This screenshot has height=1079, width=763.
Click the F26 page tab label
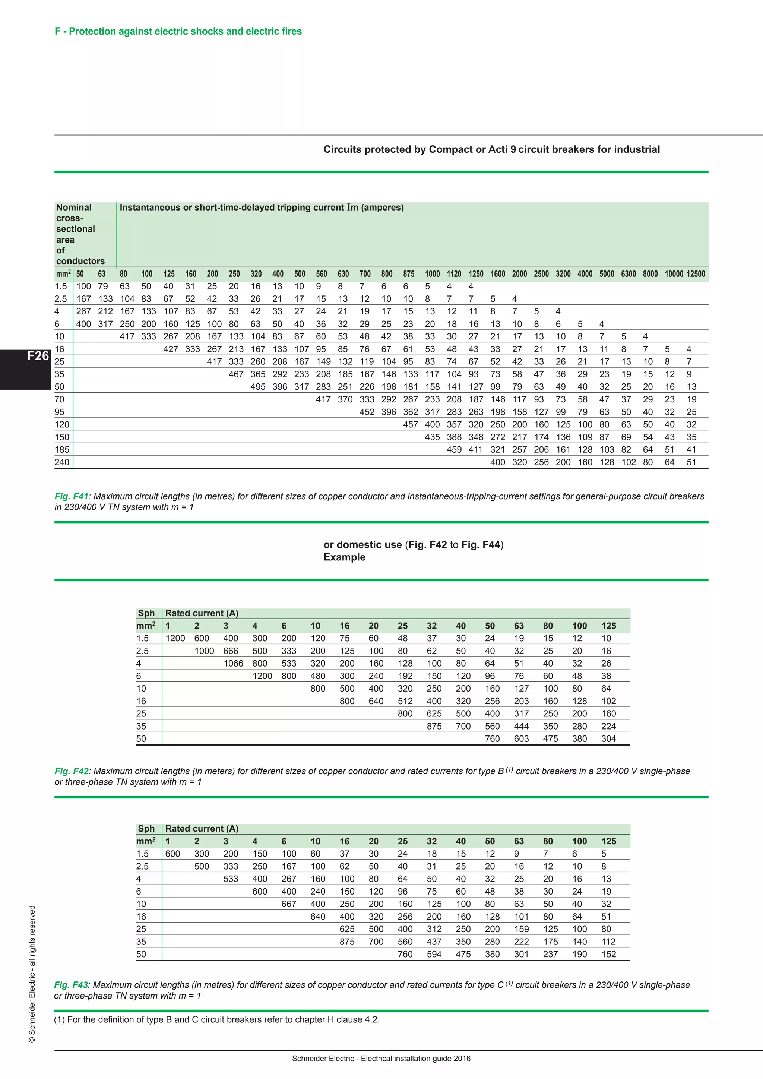click(x=38, y=356)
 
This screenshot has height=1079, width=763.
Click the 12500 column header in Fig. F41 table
click(x=695, y=274)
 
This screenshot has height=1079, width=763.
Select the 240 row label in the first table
click(x=61, y=462)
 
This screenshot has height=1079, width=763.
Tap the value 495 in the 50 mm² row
click(x=257, y=387)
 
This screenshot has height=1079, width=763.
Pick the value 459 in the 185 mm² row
click(x=454, y=450)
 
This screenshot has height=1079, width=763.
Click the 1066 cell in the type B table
click(x=233, y=664)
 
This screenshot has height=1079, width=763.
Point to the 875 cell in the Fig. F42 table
click(x=434, y=727)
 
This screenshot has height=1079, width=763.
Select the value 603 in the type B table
click(x=521, y=739)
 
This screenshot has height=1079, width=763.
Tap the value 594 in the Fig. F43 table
click(x=434, y=955)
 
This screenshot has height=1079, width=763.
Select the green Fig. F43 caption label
click(x=71, y=985)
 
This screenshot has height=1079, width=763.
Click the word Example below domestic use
click(x=344, y=557)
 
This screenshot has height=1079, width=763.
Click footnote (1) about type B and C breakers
click(x=216, y=1019)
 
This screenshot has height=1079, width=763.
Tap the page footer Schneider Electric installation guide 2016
click(x=381, y=1059)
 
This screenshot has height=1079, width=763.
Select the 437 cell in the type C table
click(x=434, y=942)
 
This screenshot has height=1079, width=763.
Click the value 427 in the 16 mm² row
click(x=171, y=349)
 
